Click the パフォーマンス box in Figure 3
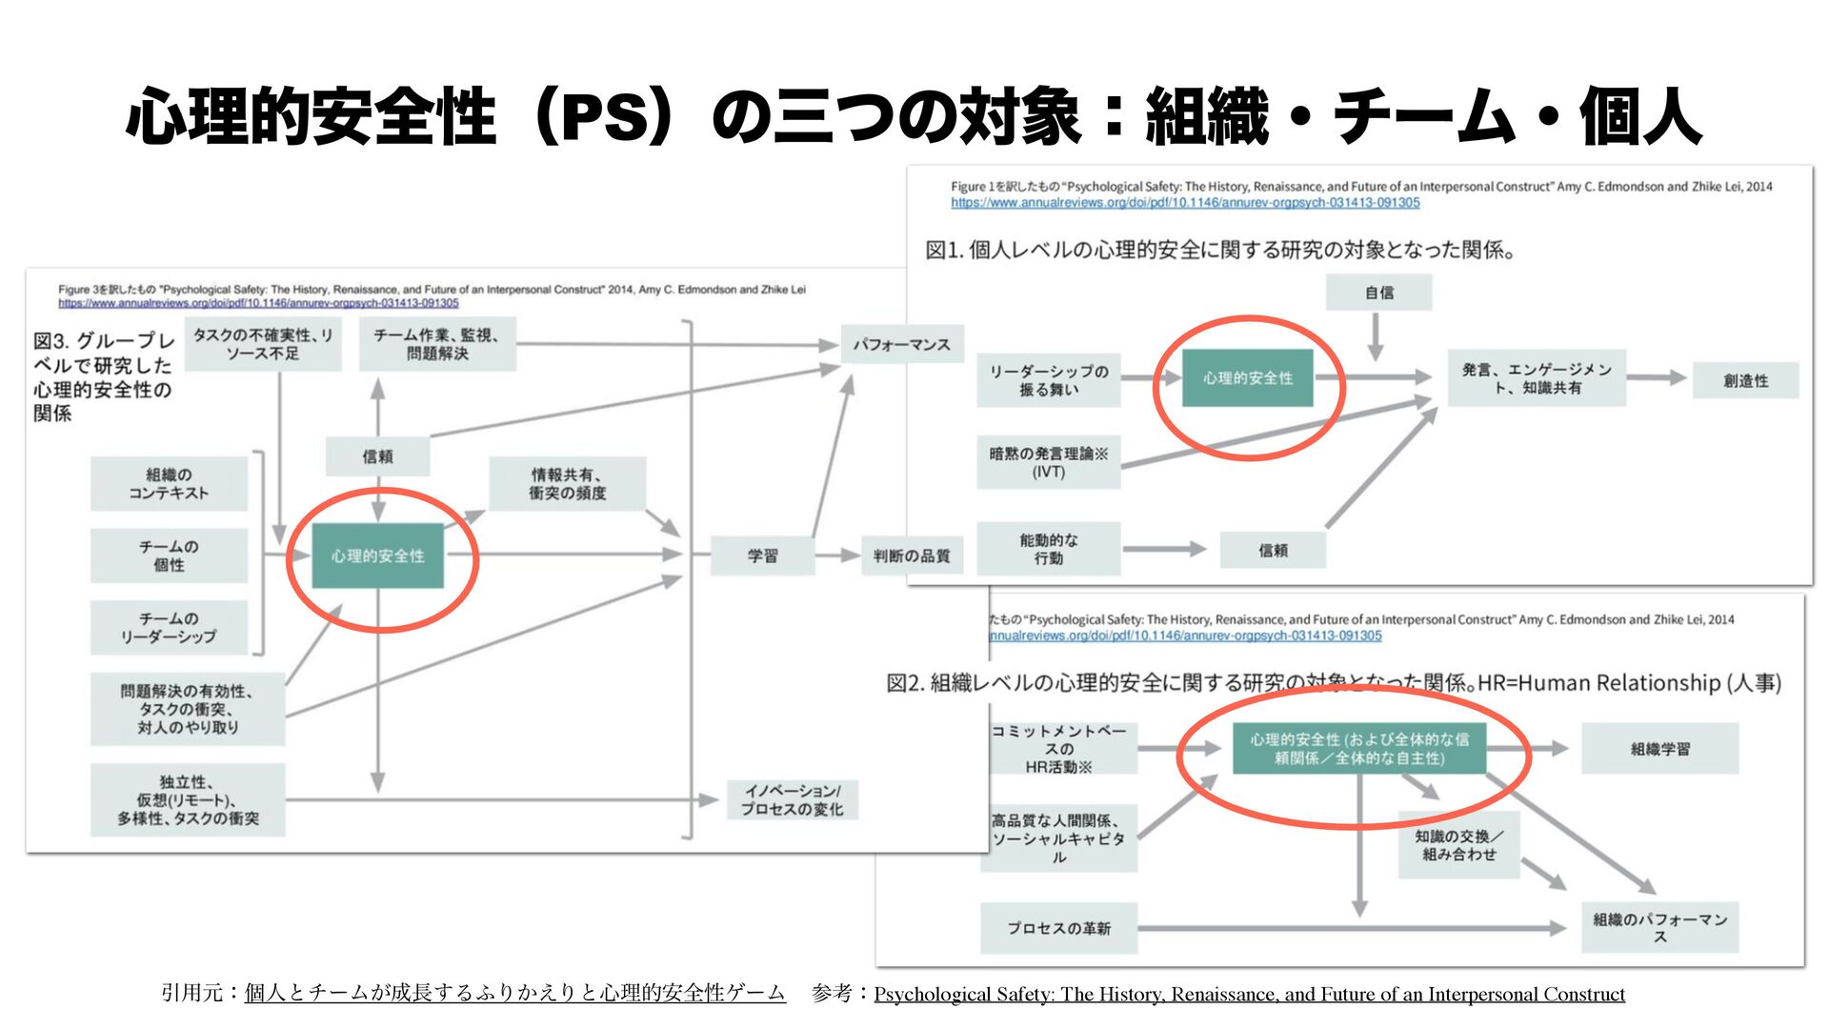coord(901,344)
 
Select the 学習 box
coord(762,555)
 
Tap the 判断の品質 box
coord(912,555)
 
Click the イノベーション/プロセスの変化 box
coord(793,799)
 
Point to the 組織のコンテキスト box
coord(169,483)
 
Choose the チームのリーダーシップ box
coord(169,627)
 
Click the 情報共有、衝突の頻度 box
coord(567,483)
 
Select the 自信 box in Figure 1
coord(1378,293)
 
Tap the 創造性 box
coord(1745,380)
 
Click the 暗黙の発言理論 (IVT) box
coord(1048,462)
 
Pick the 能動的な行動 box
coord(1048,549)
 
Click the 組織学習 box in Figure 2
coord(1659,749)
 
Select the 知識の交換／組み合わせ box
coord(1458,845)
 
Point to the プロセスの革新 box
coord(1058,928)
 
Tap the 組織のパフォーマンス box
coord(1659,927)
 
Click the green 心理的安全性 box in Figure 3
coord(378,555)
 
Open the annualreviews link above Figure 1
coord(1185,203)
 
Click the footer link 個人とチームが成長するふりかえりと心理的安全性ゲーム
coord(514,993)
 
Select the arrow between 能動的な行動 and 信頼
coord(1165,549)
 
